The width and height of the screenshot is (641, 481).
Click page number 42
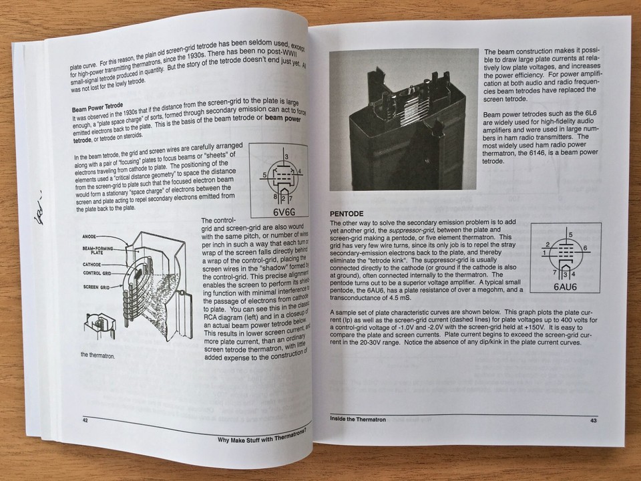coord(85,420)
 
